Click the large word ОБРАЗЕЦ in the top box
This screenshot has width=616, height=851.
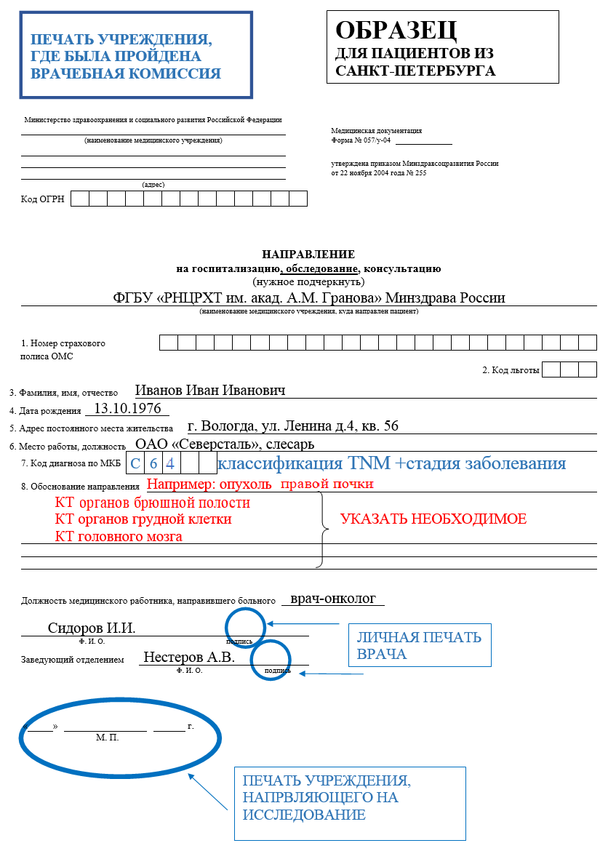click(x=396, y=31)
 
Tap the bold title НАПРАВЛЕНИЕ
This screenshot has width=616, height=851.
click(x=308, y=255)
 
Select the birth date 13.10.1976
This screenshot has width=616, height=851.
click(x=127, y=408)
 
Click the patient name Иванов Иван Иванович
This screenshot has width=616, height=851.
click(x=210, y=390)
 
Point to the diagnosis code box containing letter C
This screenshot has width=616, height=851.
click(x=135, y=463)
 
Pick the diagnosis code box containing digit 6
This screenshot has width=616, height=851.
click(x=153, y=463)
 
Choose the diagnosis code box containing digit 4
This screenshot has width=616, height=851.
click(x=171, y=463)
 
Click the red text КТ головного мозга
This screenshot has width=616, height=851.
click(x=119, y=537)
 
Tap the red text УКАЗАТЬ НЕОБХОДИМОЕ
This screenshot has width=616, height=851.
click(x=433, y=519)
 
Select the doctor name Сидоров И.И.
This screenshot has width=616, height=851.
click(x=92, y=628)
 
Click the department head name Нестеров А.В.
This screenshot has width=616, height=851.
click(x=189, y=657)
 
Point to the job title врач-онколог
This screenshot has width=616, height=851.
click(x=333, y=599)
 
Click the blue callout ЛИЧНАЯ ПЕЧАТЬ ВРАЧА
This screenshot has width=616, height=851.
click(x=418, y=645)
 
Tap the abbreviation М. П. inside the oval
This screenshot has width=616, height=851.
click(x=107, y=738)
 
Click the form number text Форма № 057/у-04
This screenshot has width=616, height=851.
click(x=361, y=140)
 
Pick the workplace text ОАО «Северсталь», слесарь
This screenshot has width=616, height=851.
click(x=225, y=444)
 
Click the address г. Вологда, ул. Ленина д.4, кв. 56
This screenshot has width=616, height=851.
click(x=292, y=425)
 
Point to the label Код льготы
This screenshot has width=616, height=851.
click(x=511, y=370)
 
